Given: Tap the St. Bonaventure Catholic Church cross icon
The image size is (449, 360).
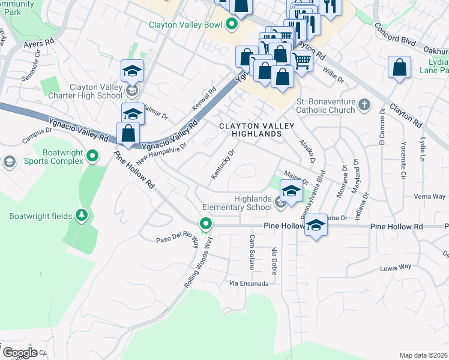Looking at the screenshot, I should [x=364, y=105].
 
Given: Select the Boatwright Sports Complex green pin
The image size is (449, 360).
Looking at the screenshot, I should [x=92, y=157].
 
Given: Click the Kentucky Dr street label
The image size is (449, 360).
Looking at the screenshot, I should [x=222, y=164].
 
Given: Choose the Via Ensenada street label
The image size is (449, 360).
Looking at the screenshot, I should [x=248, y=283].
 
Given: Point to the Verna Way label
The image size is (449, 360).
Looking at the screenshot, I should [x=430, y=197].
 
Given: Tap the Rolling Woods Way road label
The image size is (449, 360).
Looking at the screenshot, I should [x=199, y=262].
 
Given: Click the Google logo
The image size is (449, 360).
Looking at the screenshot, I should [x=19, y=352].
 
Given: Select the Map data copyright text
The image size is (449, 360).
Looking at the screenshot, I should [x=423, y=355].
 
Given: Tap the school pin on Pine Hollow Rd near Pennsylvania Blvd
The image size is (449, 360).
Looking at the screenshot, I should [x=315, y=226].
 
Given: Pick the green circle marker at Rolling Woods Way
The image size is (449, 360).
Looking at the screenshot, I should [x=206, y=224].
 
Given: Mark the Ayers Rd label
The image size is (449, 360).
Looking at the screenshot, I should [x=38, y=44].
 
